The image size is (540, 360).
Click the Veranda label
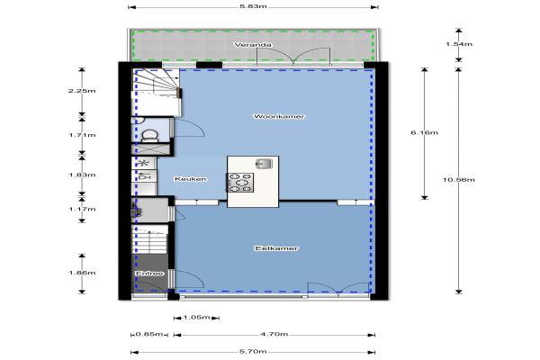(253, 45)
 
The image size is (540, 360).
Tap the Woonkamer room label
(279, 116)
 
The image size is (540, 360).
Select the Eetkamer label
(276, 248)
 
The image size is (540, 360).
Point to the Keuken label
(191, 179)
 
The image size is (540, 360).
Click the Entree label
(149, 274)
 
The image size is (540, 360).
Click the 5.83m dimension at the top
(253, 6)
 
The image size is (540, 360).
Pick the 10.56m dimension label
(458, 179)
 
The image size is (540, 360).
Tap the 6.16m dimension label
(424, 132)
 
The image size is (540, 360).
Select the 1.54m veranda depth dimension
(459, 44)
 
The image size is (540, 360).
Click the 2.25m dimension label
(82, 91)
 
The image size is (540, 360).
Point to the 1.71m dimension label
(82, 135)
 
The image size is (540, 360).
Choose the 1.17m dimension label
(82, 209)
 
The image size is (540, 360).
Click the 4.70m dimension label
(274, 334)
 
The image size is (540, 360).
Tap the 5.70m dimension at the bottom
(253, 352)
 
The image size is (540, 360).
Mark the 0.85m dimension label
(148, 334)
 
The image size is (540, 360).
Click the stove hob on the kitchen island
(240, 183)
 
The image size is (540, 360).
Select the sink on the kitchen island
(264, 164)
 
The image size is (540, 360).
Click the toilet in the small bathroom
(149, 136)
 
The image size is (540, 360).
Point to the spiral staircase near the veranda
(156, 92)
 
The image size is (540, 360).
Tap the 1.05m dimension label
(196, 318)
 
